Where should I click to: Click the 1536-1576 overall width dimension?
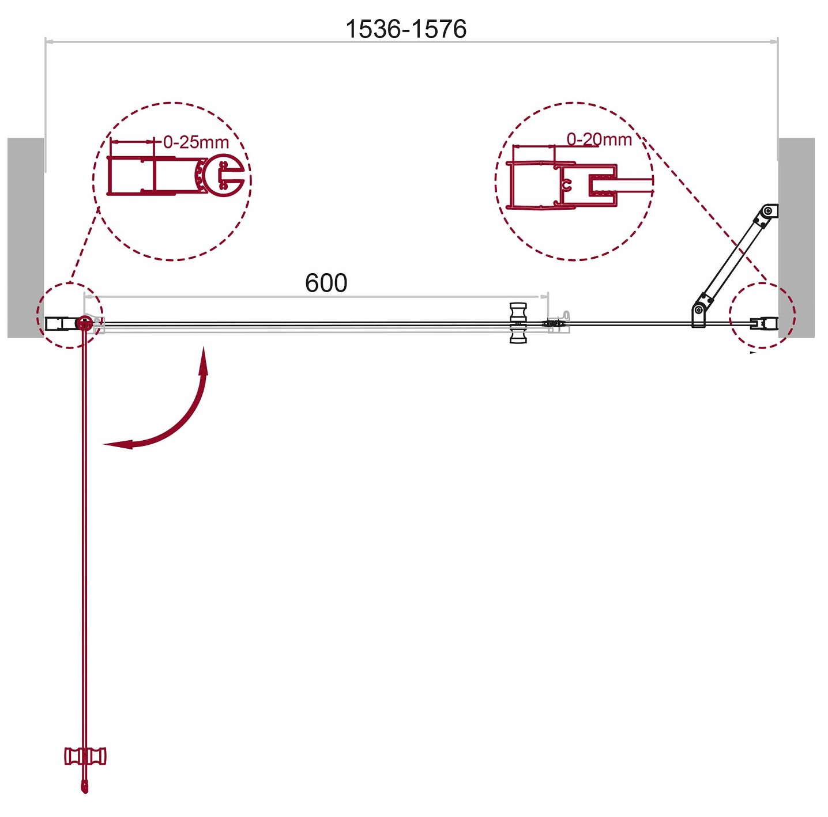405,29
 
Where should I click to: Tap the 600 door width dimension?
326,283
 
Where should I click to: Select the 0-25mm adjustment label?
196,142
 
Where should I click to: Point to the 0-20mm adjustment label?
599,139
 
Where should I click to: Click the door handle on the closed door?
518,323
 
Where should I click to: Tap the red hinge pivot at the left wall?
84,323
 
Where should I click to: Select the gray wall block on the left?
26,237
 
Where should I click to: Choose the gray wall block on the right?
796,237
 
